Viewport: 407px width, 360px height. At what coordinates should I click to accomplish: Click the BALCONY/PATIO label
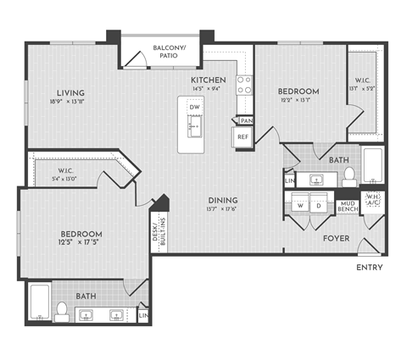pyautogui.click(x=170, y=53)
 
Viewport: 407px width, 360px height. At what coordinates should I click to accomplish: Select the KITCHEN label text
pyautogui.click(x=208, y=80)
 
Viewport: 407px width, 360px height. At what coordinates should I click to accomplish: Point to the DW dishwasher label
pyautogui.click(x=195, y=108)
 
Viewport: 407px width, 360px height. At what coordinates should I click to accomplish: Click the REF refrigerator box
pyautogui.click(x=243, y=136)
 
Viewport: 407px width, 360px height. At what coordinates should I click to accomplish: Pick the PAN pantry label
pyautogui.click(x=246, y=120)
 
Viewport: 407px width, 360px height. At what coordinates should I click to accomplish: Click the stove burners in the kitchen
pyautogui.click(x=243, y=85)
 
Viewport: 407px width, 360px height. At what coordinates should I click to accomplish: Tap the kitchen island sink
pyautogui.click(x=195, y=130)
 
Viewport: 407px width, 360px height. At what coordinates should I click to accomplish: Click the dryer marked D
pyautogui.click(x=319, y=205)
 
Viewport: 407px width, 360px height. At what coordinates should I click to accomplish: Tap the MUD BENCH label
pyautogui.click(x=347, y=208)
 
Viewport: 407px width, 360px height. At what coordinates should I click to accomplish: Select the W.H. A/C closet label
pyautogui.click(x=371, y=202)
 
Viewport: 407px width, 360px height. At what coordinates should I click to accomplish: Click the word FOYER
pyautogui.click(x=337, y=238)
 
